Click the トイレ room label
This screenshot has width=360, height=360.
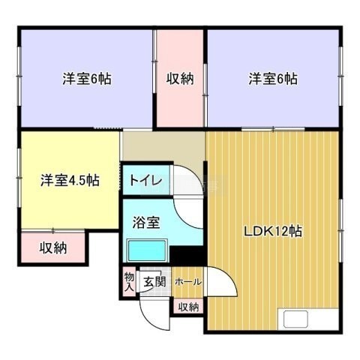pyautogui.click(x=145, y=180)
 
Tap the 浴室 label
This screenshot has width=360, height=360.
pyautogui.click(x=146, y=222)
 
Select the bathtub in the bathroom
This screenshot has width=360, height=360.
pyautogui.click(x=147, y=250)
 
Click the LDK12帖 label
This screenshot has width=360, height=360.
pyautogui.click(x=273, y=232)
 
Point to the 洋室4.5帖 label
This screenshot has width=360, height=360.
pyautogui.click(x=70, y=181)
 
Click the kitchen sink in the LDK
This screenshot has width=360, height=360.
pyautogui.click(x=295, y=319)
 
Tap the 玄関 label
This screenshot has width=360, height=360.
pyautogui.click(x=154, y=282)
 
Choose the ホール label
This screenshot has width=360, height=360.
pyautogui.click(x=188, y=282)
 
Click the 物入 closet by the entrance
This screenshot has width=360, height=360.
pyautogui.click(x=129, y=281)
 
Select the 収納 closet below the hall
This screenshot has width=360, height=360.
pyautogui.click(x=188, y=306)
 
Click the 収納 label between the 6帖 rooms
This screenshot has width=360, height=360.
pyautogui.click(x=180, y=79)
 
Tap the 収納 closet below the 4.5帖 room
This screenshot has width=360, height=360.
pyautogui.click(x=53, y=247)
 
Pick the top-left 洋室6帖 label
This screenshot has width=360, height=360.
pyautogui.click(x=87, y=79)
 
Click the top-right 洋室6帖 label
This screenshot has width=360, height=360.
pyautogui.click(x=273, y=79)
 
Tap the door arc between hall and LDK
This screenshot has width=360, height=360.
pyautogui.click(x=229, y=275)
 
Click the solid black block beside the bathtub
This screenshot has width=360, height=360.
pyautogui.click(x=187, y=255)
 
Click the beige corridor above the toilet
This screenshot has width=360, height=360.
pyautogui.click(x=163, y=146)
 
